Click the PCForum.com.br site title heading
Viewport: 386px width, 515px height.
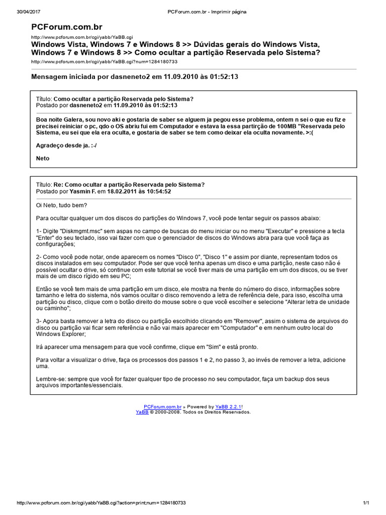pos(66,27)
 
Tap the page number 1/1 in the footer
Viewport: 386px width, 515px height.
pos(366,502)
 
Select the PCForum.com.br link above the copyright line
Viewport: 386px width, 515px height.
pos(162,406)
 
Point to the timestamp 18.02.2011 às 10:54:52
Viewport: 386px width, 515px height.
pos(139,192)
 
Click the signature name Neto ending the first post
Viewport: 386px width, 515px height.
pos(43,158)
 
